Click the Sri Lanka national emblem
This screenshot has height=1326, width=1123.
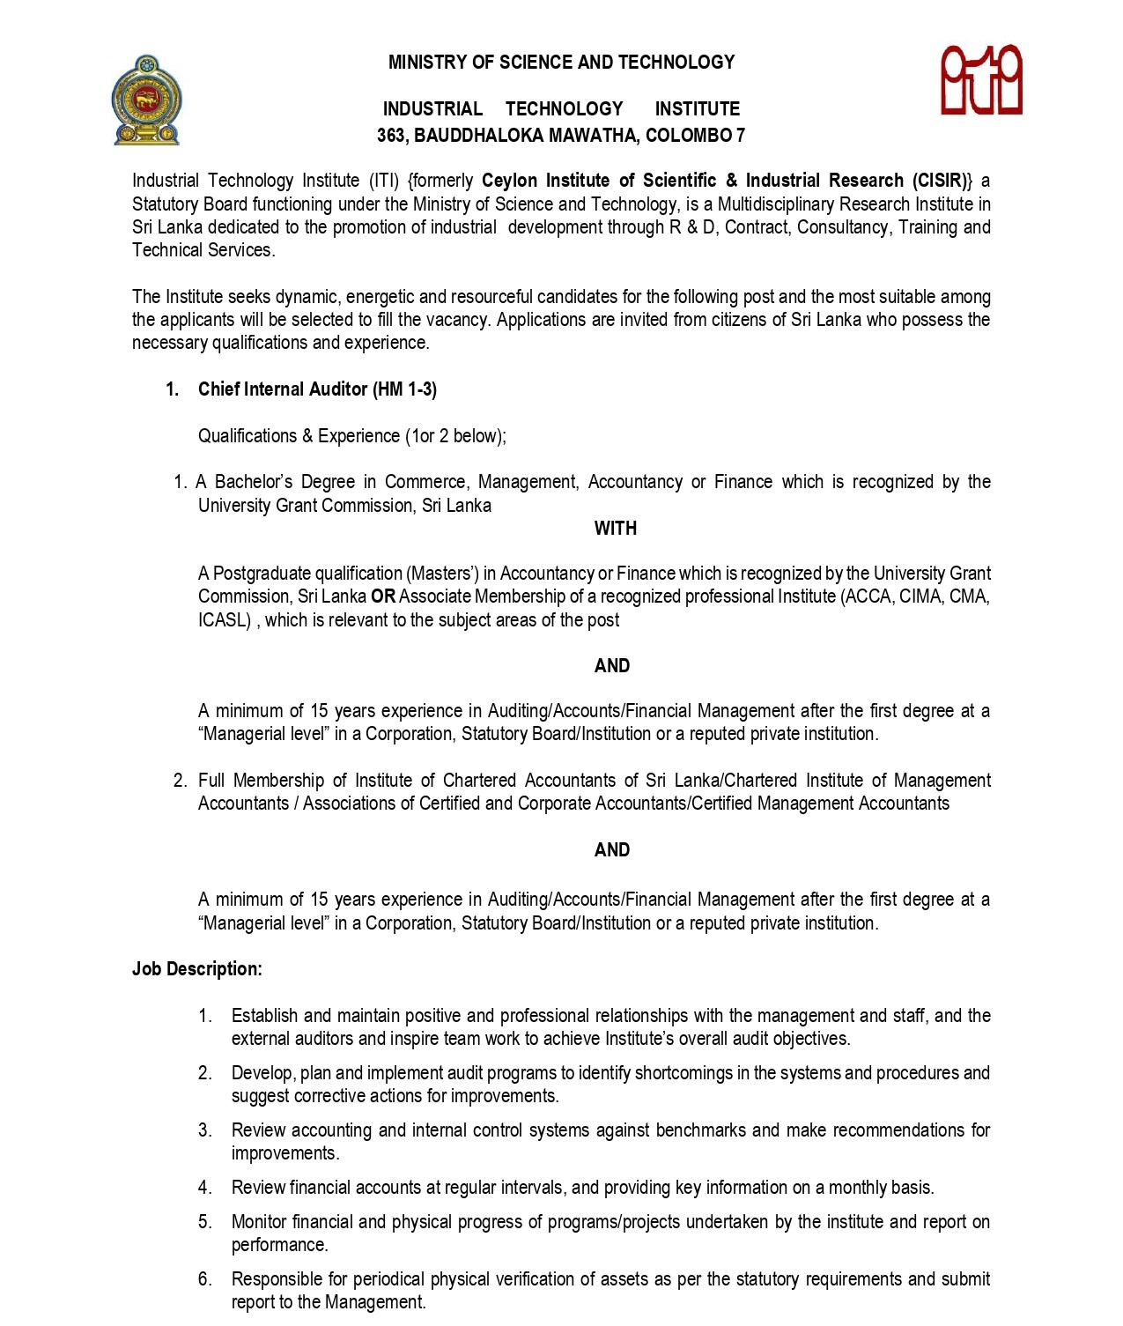[146, 100]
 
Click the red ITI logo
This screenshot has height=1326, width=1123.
[981, 80]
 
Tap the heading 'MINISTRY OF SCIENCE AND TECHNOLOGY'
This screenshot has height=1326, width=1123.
[561, 63]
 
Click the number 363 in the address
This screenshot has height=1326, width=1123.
[391, 136]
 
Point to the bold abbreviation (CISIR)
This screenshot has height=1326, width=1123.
[940, 181]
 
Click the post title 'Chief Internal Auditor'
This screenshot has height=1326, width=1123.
[283, 389]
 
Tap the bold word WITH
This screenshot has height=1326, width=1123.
[615, 529]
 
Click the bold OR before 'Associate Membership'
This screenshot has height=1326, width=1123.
[383, 596]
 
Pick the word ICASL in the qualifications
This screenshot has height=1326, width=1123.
[225, 620]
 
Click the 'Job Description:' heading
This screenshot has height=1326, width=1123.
[197, 969]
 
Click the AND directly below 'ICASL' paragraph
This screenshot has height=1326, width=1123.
[612, 666]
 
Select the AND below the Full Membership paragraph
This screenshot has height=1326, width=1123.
[612, 850]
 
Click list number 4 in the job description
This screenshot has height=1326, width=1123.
[205, 1188]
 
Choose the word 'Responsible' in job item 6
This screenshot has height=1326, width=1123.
[276, 1279]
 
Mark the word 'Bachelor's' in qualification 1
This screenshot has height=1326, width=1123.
[254, 482]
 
